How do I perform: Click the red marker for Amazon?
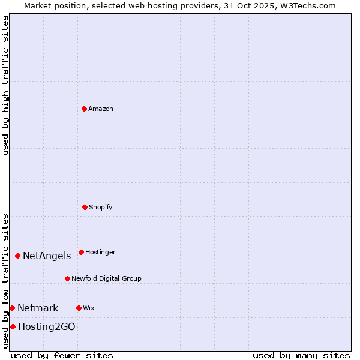click(84, 109)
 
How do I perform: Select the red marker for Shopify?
click(85, 207)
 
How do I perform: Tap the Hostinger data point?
click(81, 252)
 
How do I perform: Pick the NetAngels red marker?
click(17, 256)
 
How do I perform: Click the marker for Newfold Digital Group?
click(67, 278)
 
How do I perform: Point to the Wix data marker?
click(79, 308)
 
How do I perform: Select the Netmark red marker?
click(12, 308)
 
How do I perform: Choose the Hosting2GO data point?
click(13, 326)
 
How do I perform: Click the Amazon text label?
click(101, 109)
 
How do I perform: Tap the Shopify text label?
click(101, 207)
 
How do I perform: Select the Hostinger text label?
click(100, 252)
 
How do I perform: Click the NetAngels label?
click(47, 256)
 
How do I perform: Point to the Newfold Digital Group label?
click(106, 278)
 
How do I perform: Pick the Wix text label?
click(89, 308)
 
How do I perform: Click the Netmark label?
click(38, 308)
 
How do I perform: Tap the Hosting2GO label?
click(47, 327)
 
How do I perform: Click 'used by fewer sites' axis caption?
click(62, 355)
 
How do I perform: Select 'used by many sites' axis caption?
click(301, 355)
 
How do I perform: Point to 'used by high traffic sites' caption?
click(5, 85)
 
